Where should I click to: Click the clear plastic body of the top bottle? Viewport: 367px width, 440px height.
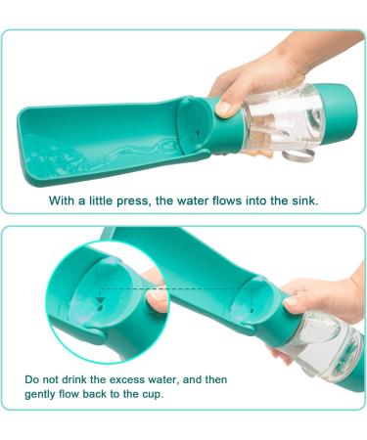pyautogui.click(x=279, y=117)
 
